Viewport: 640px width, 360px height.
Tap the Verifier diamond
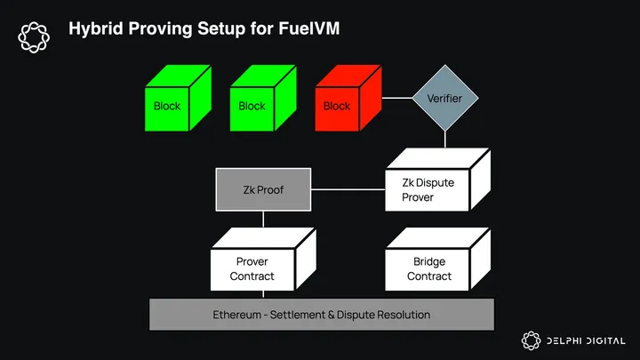pos(444,98)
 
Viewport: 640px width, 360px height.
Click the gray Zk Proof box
pos(263,189)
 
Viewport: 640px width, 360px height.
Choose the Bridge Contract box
pos(428,268)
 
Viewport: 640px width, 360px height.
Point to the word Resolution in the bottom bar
pos(401,315)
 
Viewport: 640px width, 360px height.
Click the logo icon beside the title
pos(35,36)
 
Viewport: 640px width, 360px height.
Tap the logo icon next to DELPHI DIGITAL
pos(531,340)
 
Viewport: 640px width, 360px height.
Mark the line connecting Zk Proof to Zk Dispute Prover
pos(347,189)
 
